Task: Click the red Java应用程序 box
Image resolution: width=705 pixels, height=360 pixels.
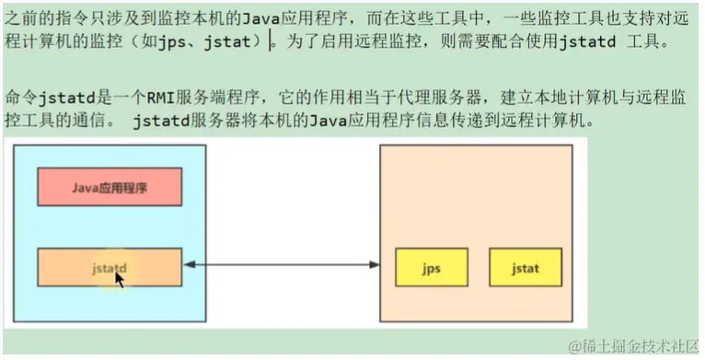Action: click(110, 187)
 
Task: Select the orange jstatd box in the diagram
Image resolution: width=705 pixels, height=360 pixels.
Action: click(110, 267)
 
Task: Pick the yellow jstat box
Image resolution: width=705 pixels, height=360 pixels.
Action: click(526, 269)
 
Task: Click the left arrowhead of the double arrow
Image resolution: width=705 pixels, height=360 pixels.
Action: click(189, 267)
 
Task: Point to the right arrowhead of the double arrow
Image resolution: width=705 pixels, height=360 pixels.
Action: click(376, 267)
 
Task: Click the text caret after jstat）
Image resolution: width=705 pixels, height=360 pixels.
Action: click(270, 43)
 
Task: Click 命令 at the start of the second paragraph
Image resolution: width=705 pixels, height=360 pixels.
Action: click(19, 95)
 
